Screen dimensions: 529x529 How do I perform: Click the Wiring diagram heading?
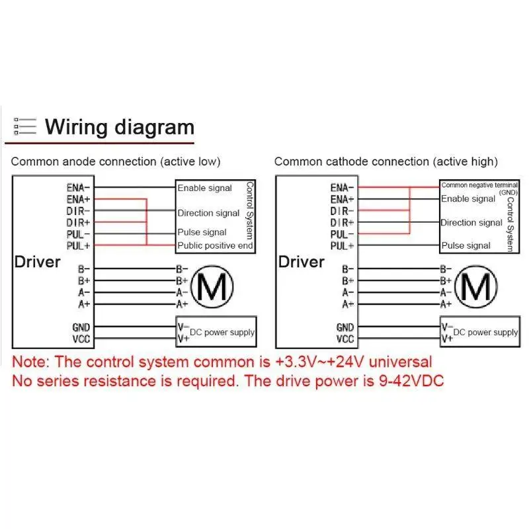[x=120, y=128]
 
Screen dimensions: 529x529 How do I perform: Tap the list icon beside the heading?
[x=25, y=126]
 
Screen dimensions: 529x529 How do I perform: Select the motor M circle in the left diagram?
[x=212, y=287]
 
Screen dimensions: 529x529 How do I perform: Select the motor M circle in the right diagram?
[x=475, y=287]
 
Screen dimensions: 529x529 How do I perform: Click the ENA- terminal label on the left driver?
[x=78, y=187]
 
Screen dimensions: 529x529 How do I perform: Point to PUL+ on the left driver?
[x=78, y=246]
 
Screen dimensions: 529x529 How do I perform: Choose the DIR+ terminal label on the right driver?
[x=342, y=223]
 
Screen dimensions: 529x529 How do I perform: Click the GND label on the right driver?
[x=345, y=327]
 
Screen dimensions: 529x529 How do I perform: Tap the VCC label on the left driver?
[x=81, y=339]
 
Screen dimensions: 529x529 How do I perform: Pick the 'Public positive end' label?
[x=216, y=245]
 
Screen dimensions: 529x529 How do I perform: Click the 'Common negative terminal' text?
[x=479, y=185]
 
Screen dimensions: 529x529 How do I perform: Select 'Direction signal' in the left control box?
[x=208, y=213]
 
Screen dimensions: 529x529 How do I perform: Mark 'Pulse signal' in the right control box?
[x=466, y=245]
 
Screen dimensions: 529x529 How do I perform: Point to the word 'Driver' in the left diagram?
[x=38, y=262]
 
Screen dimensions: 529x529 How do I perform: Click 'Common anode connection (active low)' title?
[x=116, y=161]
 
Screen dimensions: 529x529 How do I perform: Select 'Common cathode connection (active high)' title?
[x=386, y=161]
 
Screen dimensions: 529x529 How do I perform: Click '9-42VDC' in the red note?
[x=411, y=381]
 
